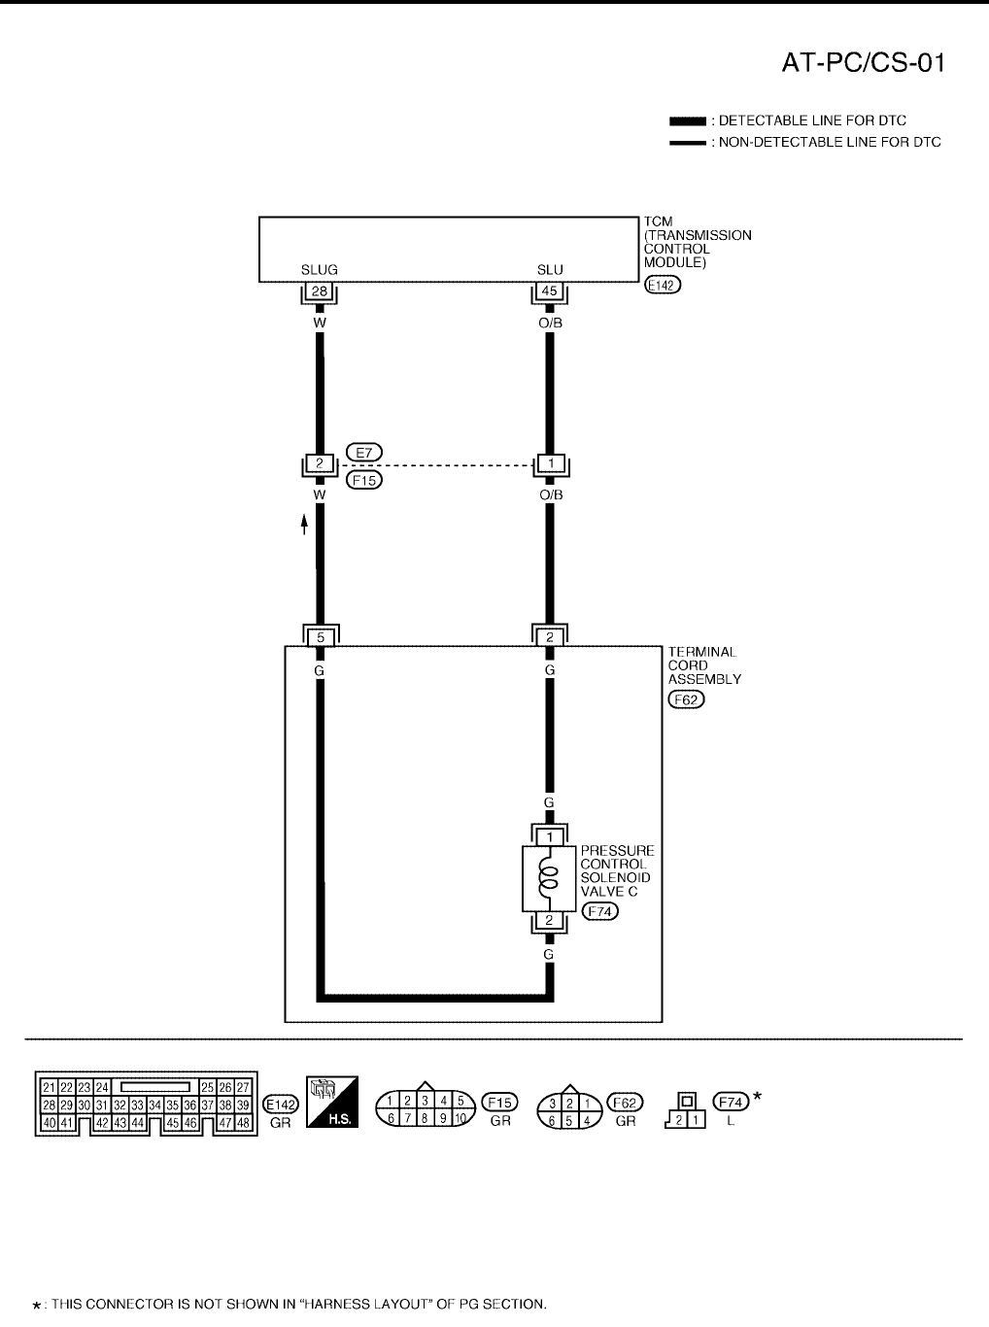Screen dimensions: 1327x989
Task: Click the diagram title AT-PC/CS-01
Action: pos(864,62)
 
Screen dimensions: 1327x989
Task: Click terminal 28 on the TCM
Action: pos(319,291)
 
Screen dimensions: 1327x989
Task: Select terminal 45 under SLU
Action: pos(550,291)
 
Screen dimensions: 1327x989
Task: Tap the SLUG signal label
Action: pos(319,270)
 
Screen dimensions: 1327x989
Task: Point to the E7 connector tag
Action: pos(364,452)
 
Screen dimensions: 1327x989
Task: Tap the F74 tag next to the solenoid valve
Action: pos(599,910)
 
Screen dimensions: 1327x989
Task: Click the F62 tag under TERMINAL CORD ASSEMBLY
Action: pos(686,698)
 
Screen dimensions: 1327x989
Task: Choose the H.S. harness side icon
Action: pos(332,1102)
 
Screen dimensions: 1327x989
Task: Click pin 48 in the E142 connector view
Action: pos(244,1122)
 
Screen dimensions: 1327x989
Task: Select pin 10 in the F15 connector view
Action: pos(460,1119)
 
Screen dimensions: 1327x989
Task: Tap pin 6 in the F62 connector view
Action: pos(553,1120)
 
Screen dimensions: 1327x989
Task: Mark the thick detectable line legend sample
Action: pos(688,121)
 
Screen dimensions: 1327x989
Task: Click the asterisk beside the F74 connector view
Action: pos(758,1098)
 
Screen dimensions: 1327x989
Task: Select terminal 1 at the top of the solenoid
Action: pos(549,836)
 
